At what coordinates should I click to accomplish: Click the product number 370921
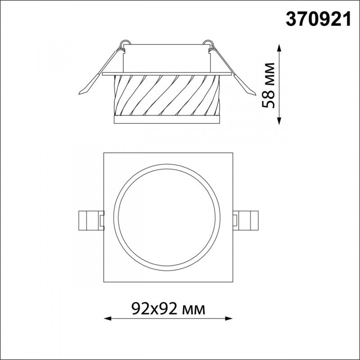pos(319,19)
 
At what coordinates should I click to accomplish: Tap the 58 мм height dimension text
pos(268,85)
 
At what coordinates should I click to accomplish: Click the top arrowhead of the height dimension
pos(279,48)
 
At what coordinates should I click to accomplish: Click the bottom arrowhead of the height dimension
pos(279,121)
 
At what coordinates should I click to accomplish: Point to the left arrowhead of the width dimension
pos(108,319)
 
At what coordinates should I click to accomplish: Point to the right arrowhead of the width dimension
pos(229,319)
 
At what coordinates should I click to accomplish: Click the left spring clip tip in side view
pos(80,94)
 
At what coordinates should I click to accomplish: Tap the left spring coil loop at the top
pos(126,43)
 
